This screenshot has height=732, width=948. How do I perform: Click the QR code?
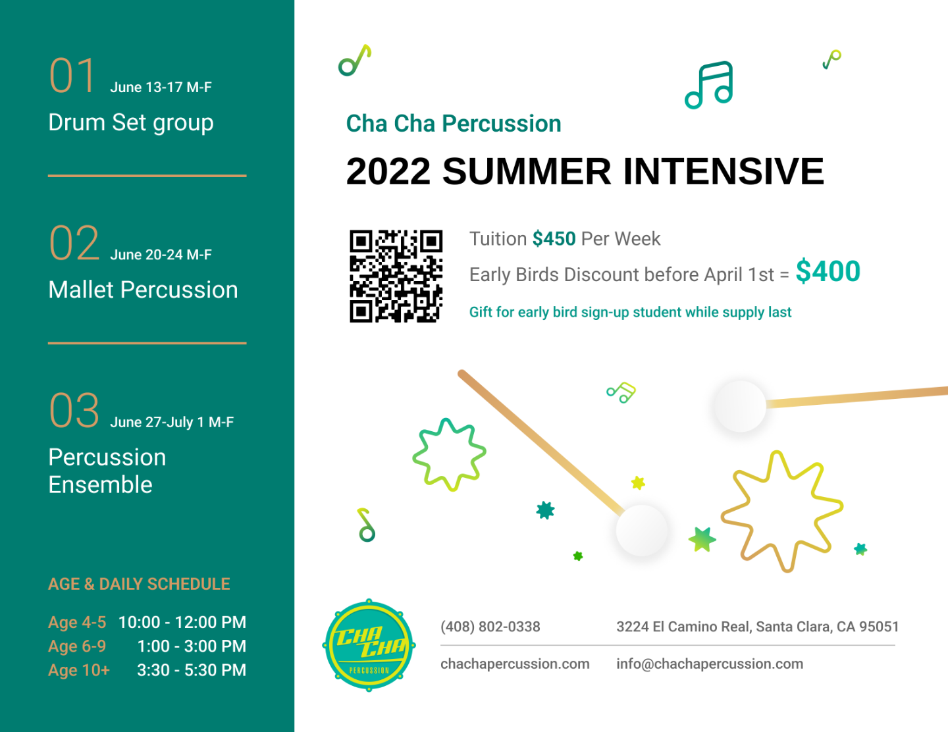(396, 276)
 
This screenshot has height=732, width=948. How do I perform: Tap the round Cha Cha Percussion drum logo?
(369, 645)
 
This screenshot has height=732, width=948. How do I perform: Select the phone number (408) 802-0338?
(490, 627)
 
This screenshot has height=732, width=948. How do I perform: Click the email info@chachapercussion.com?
(710, 664)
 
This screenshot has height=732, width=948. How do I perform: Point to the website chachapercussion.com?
(515, 664)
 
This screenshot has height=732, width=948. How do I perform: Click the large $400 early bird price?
(828, 271)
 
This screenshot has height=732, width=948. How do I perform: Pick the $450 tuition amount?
(554, 239)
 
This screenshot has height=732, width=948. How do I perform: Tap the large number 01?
(72, 76)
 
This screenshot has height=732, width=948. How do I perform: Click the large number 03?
(74, 411)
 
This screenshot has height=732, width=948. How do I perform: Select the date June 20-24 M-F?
(161, 254)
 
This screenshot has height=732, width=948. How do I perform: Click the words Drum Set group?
(131, 122)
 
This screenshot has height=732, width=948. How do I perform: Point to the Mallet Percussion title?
(143, 290)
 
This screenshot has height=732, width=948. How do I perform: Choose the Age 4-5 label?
(77, 623)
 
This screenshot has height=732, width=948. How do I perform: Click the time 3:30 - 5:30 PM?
(192, 669)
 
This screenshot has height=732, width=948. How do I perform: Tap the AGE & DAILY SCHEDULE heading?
(139, 584)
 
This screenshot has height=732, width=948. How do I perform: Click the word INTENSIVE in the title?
(724, 171)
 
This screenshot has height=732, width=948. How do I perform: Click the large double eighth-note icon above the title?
(709, 85)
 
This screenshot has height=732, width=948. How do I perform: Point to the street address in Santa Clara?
(757, 627)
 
